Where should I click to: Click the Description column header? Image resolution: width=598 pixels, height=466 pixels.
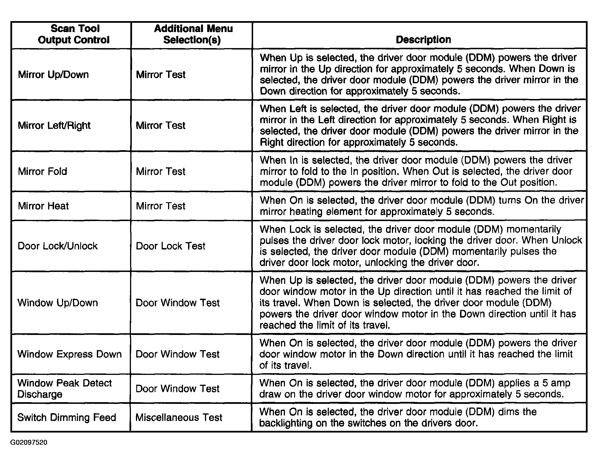pyautogui.click(x=423, y=40)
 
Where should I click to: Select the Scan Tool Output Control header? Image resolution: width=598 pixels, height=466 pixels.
pyautogui.click(x=74, y=34)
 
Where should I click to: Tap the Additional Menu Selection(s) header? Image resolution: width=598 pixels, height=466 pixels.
pyautogui.click(x=193, y=34)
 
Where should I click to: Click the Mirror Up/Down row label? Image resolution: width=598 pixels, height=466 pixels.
pyautogui.click(x=53, y=75)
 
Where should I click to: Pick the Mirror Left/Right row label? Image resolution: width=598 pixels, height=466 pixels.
pyautogui.click(x=54, y=125)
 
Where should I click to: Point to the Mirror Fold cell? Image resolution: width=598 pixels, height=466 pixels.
pyautogui.click(x=43, y=172)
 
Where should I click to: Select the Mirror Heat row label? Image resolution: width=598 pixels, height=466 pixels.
pyautogui.click(x=43, y=206)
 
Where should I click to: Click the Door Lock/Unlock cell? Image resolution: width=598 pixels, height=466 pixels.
pyautogui.click(x=58, y=246)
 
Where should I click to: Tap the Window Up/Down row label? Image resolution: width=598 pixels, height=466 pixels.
pyautogui.click(x=58, y=303)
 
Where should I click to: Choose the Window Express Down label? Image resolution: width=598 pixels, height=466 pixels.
pyautogui.click(x=70, y=354)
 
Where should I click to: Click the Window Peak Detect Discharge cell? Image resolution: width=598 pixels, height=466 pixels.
pyautogui.click(x=64, y=389)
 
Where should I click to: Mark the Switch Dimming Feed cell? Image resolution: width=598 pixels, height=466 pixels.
pyautogui.click(x=67, y=417)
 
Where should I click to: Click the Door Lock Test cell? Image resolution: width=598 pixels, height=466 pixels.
pyautogui.click(x=171, y=246)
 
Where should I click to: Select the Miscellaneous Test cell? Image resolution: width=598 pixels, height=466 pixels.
pyautogui.click(x=179, y=417)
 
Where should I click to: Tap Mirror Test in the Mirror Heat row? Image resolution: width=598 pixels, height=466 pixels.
pyautogui.click(x=161, y=206)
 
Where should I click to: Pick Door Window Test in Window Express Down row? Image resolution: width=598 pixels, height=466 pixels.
pyautogui.click(x=178, y=354)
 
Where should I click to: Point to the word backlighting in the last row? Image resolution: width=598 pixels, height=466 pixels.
pyautogui.click(x=286, y=423)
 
